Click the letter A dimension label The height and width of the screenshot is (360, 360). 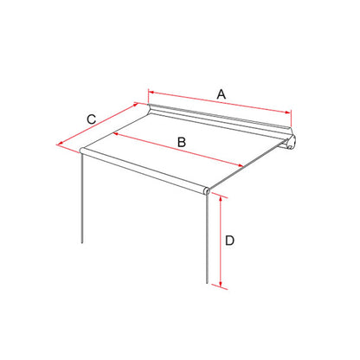click(x=222, y=94)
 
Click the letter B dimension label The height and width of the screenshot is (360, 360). click(x=182, y=142)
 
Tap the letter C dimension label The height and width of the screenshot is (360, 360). click(x=92, y=119)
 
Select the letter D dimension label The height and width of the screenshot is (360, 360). click(x=229, y=241)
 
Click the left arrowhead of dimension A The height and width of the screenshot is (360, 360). click(x=151, y=93)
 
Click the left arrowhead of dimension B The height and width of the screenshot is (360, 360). click(x=114, y=133)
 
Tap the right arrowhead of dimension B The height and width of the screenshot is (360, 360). click(x=241, y=165)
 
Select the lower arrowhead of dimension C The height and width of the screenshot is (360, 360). click(x=61, y=144)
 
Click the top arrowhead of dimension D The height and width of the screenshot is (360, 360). click(x=221, y=198)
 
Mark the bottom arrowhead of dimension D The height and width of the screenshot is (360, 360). click(x=221, y=285)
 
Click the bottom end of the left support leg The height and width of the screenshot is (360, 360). click(x=82, y=243)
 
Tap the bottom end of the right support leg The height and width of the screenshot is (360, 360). click(x=207, y=283)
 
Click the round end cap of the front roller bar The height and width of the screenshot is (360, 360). click(x=206, y=190)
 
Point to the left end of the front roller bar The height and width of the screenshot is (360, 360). click(x=81, y=150)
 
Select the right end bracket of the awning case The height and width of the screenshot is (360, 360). click(x=290, y=142)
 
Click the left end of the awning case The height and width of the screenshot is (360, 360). click(x=150, y=109)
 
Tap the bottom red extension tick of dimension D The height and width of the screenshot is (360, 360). click(x=220, y=286)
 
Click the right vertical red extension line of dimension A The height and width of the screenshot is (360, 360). click(x=292, y=118)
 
